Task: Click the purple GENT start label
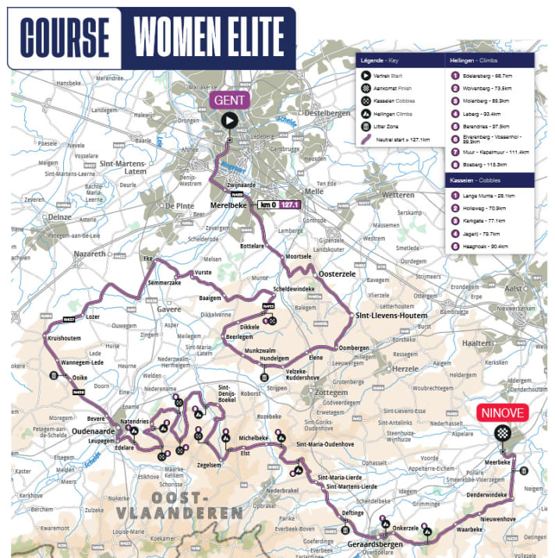pyautogui.click(x=228, y=101)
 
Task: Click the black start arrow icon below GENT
pyautogui.click(x=229, y=120)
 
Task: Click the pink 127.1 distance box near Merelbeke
pyautogui.click(x=290, y=206)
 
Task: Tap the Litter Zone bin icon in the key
pyautogui.click(x=364, y=126)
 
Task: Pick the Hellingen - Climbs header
pyautogui.click(x=476, y=60)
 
